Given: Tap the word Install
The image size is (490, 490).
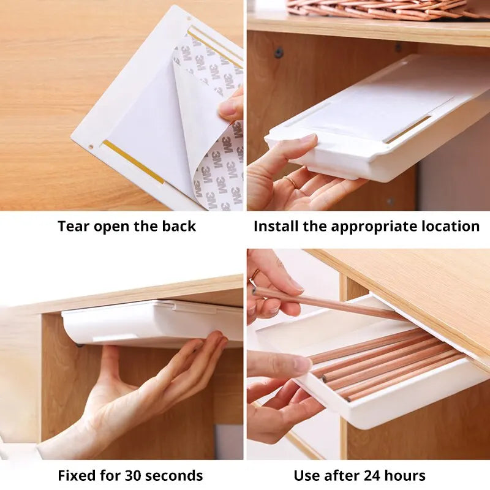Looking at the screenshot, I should pos(277,227).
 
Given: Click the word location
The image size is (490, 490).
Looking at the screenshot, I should pos(450,227).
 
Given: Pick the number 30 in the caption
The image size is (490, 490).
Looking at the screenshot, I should pos(135,475).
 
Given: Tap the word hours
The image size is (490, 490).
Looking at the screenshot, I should pos(407,475).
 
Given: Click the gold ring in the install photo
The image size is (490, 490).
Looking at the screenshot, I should pos(290,183).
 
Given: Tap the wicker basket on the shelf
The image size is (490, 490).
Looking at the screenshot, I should pos(380,9).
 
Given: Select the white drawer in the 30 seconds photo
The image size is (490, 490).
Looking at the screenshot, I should pos(147,323).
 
